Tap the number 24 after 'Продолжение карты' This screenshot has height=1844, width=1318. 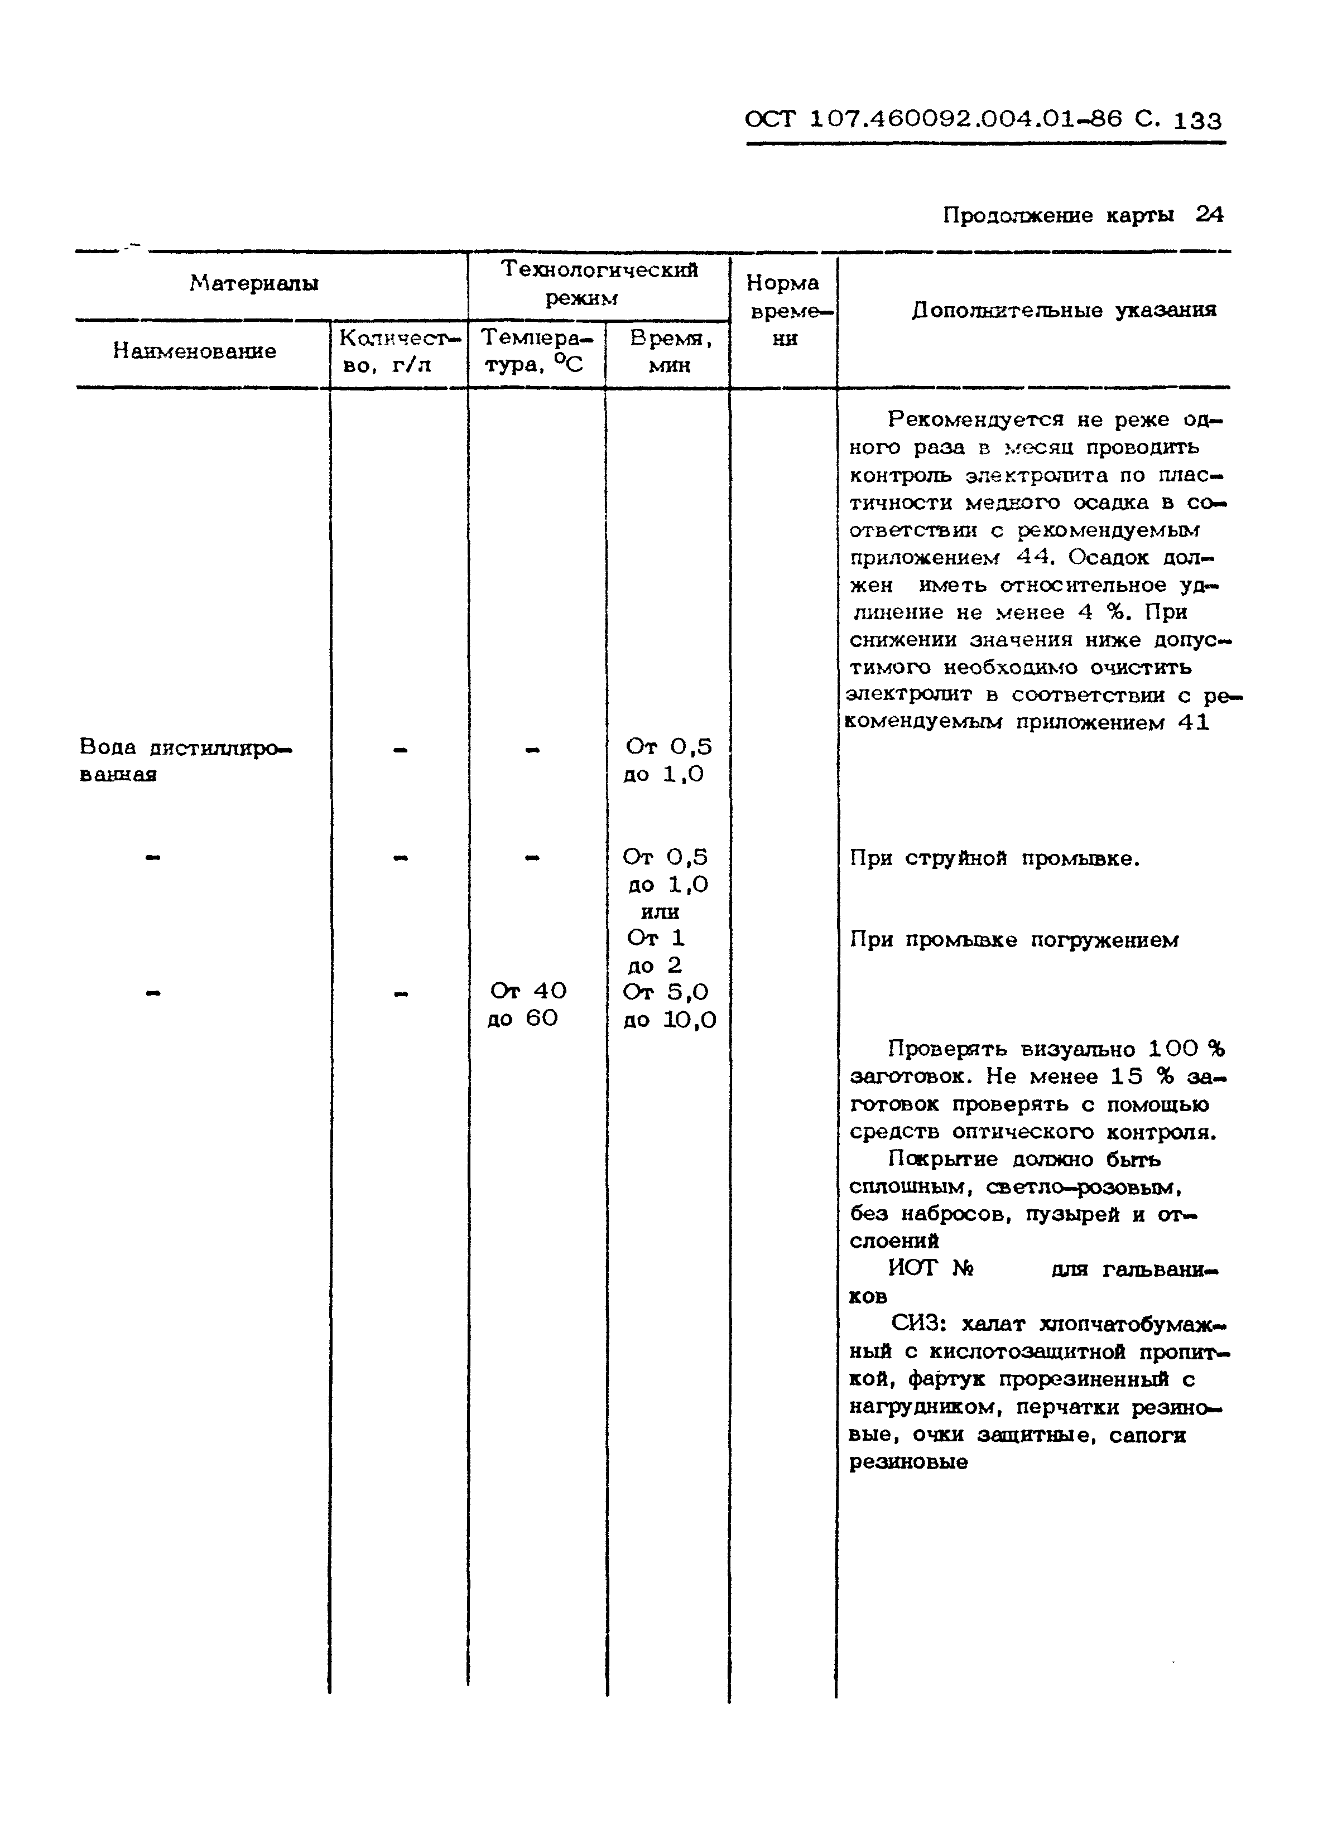1209,214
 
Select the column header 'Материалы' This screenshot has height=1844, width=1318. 254,283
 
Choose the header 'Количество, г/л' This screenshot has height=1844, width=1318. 398,351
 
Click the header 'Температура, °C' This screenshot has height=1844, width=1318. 536,351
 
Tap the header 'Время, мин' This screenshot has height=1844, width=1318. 670,351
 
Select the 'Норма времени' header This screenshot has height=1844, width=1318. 783,310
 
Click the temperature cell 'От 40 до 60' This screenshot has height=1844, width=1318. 527,1005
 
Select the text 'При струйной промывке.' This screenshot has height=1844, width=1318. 994,858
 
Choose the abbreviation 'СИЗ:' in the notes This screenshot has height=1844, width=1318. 918,1324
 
